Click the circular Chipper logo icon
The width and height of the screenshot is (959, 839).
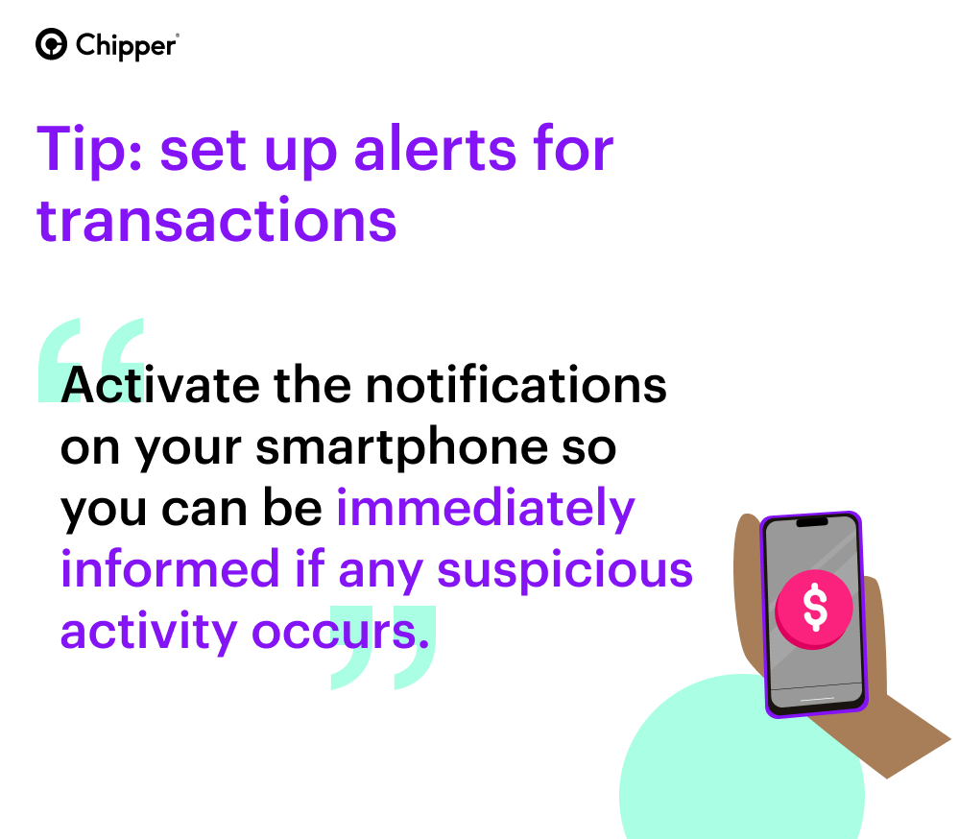point(52,44)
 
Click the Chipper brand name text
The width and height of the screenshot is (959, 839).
point(127,46)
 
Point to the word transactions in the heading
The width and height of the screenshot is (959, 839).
point(217,220)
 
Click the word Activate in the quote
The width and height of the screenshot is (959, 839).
point(160,385)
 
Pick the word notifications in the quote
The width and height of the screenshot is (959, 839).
point(516,384)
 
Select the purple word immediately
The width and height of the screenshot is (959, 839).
point(486,510)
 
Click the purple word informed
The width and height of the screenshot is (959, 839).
point(170,568)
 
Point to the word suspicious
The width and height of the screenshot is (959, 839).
point(565,571)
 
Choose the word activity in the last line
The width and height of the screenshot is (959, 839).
point(149,633)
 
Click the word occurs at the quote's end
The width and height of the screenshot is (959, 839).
point(340,633)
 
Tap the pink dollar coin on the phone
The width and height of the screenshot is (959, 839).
point(813,609)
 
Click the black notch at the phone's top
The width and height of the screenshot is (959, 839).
point(811,521)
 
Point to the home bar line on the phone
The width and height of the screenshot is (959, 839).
point(817,699)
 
